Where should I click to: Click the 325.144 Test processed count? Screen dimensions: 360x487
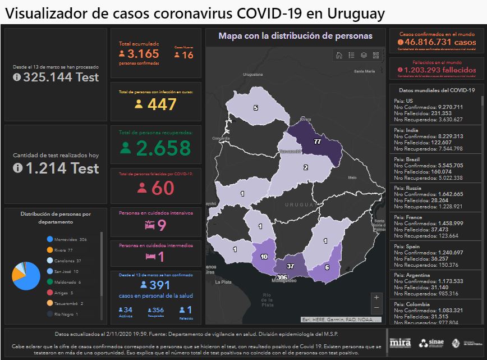(56, 78)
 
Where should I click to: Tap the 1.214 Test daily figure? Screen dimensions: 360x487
(56, 168)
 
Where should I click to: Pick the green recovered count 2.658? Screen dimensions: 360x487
(155, 148)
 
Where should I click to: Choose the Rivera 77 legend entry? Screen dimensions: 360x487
(63, 250)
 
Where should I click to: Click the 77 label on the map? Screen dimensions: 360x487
(317, 142)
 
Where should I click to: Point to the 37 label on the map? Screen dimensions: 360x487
(290, 266)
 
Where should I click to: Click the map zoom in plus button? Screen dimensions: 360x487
(376, 297)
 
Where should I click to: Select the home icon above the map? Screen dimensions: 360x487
(339, 55)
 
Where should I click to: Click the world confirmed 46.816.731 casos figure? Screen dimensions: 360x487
(437, 42)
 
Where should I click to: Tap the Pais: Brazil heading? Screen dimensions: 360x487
(407, 160)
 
